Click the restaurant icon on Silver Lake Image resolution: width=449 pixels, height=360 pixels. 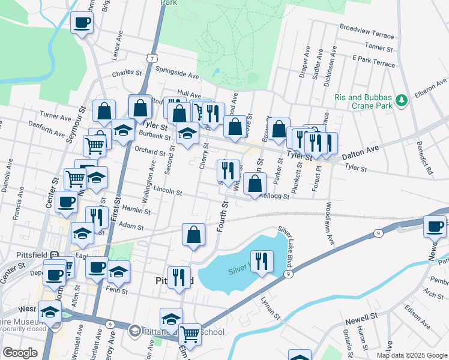(x=262, y=261)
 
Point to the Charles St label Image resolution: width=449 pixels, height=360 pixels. (x=127, y=74)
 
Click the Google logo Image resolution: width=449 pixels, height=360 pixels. (x=20, y=353)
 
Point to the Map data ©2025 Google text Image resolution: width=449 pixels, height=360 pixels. (x=412, y=355)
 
